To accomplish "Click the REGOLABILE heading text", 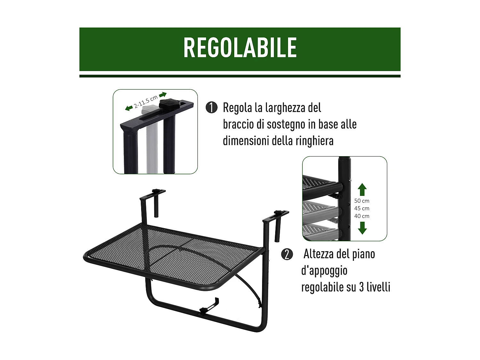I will pos(240,47).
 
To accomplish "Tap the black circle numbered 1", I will pos(212,108).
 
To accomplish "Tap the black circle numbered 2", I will pos(287,254).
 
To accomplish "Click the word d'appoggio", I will pos(324,271).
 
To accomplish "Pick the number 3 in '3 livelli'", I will pos(361,287).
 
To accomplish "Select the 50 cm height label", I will pos(362,201).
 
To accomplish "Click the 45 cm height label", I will pos(362,208).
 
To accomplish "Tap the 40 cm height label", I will pos(362,216).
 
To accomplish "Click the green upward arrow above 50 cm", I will pos(362,189).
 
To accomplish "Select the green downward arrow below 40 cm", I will pos(362,228).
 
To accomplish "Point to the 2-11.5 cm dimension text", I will pos(146,102).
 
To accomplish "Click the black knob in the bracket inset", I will pos(168,103).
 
